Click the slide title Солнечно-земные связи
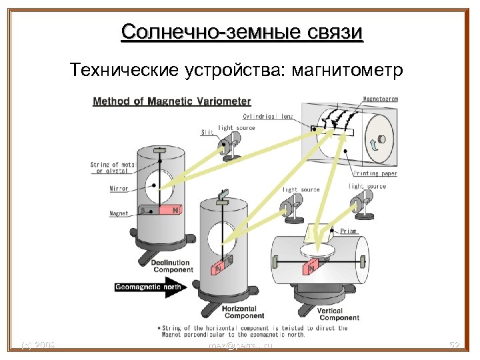tap(242, 31)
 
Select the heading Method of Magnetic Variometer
tap(172, 101)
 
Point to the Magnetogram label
tap(381, 99)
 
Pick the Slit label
tap(207, 132)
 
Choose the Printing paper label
tap(375, 173)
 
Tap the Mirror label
tap(118, 189)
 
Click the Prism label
tap(349, 231)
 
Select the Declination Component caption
tap(171, 267)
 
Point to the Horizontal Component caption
tap(244, 311)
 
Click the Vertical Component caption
tap(339, 313)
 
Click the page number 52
tap(456, 345)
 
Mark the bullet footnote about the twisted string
tap(253, 331)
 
